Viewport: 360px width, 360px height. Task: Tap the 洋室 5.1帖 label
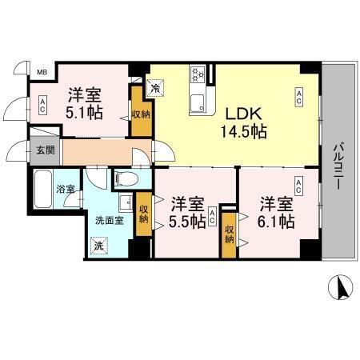[84, 102]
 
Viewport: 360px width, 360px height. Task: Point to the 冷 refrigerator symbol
[154, 86]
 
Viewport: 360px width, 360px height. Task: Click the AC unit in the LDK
[299, 98]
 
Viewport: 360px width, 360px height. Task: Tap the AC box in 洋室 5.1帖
[42, 104]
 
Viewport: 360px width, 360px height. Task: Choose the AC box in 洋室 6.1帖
[298, 188]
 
